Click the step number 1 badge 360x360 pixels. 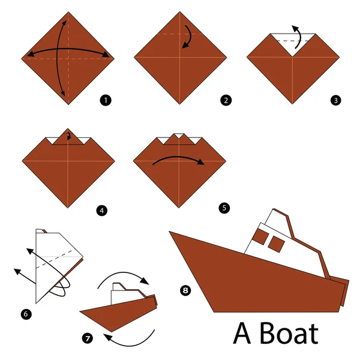point(107,101)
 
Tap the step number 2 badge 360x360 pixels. point(226,101)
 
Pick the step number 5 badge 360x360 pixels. point(224,208)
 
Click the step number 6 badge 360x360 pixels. point(26,313)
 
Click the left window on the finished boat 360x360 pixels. point(259,236)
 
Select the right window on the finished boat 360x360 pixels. point(277,244)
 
